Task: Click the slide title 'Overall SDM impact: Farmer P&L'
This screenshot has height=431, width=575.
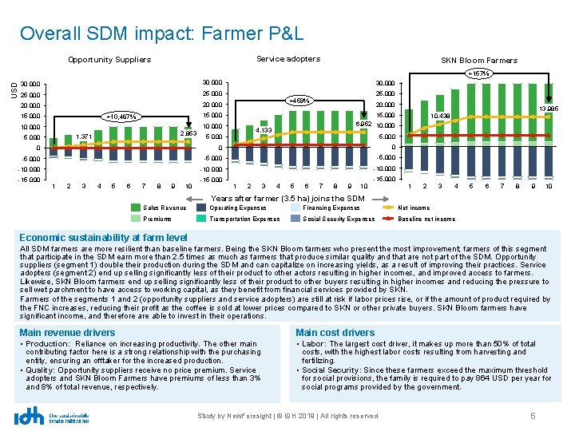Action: click(162, 34)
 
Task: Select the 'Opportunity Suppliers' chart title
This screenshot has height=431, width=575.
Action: click(109, 60)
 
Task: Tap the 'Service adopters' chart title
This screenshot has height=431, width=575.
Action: click(288, 59)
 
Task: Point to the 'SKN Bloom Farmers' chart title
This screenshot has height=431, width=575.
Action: click(479, 60)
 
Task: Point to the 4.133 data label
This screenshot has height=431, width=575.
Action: click(264, 129)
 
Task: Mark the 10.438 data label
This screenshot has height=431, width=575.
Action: click(440, 117)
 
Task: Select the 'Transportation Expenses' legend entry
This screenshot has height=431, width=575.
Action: click(245, 219)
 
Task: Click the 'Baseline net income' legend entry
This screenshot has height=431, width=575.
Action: click(426, 219)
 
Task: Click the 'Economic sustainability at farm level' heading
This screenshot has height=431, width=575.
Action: click(103, 237)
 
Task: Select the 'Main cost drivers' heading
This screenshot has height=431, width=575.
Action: click(335, 332)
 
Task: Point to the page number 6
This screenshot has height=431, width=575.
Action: click(533, 417)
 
